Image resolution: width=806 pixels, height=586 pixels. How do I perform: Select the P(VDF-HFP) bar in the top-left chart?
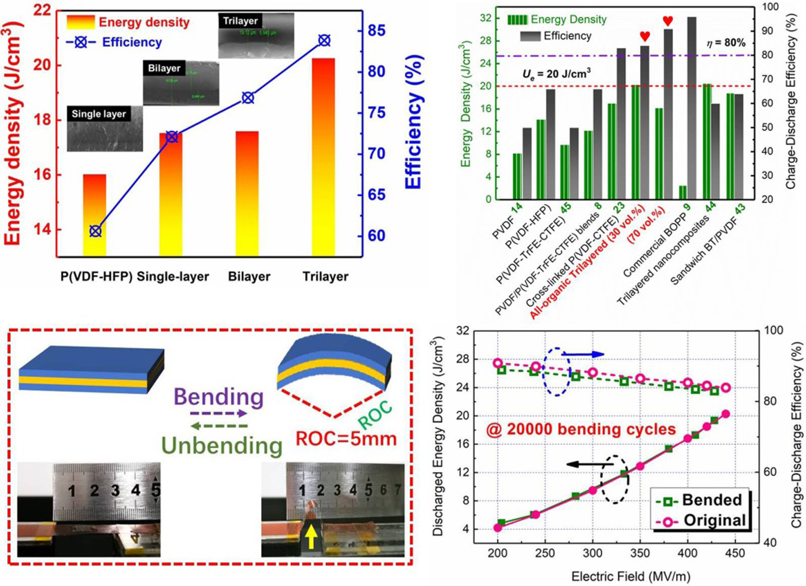point(95,215)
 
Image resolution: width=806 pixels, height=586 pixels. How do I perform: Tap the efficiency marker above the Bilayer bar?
point(247,98)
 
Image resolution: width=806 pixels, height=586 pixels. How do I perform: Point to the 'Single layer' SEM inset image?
point(105,129)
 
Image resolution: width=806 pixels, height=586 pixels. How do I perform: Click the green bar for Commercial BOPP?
point(683,192)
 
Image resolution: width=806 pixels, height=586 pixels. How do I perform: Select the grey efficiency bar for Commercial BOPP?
point(692,108)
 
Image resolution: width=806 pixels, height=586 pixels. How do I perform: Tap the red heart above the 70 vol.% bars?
point(668,21)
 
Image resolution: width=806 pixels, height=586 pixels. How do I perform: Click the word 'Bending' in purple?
point(218,397)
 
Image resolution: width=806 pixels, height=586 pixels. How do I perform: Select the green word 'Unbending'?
point(222,445)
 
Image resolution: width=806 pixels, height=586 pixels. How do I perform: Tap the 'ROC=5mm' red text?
point(346,439)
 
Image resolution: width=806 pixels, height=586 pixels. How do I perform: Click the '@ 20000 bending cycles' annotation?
point(581,429)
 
